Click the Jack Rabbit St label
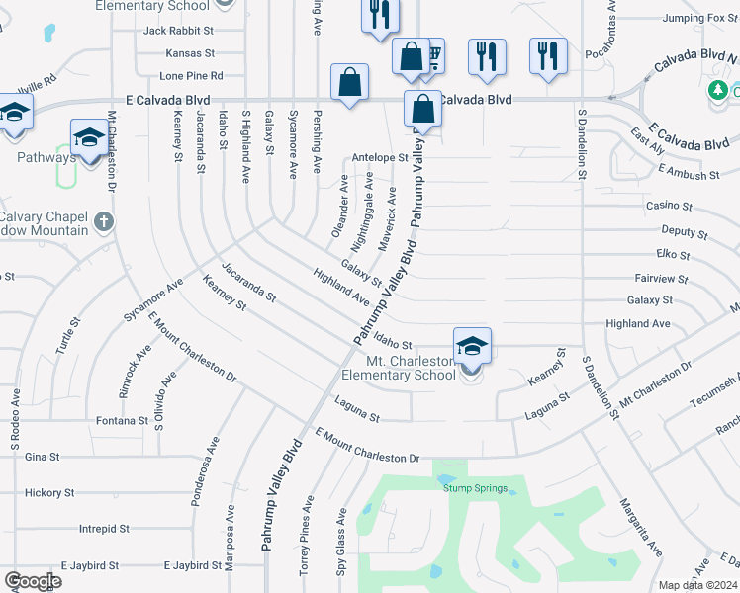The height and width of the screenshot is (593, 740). tap(178, 31)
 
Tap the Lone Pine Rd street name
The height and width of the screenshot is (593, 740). tap(191, 75)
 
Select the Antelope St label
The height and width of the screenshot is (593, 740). tap(380, 157)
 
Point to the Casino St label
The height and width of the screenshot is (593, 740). tap(669, 206)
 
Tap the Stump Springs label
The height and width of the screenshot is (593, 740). tap(475, 488)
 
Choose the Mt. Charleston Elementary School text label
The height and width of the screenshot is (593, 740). tap(412, 368)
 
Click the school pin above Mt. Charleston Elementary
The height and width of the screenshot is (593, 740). tap(473, 348)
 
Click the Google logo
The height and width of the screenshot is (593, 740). tap(33, 581)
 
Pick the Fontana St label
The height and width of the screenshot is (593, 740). tap(122, 421)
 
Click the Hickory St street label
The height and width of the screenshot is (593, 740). tap(49, 492)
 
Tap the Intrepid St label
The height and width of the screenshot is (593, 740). tap(105, 529)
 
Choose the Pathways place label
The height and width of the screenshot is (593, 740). tap(46, 157)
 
